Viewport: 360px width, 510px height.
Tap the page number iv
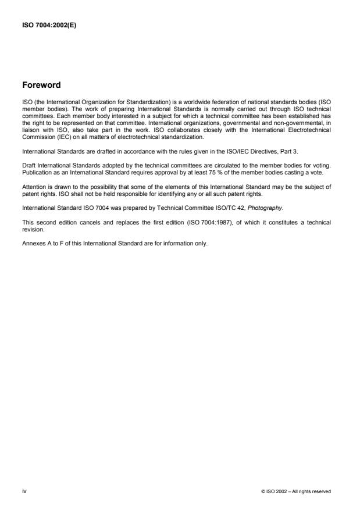[x=24, y=491]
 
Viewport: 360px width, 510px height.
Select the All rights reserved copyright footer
[x=297, y=491]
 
